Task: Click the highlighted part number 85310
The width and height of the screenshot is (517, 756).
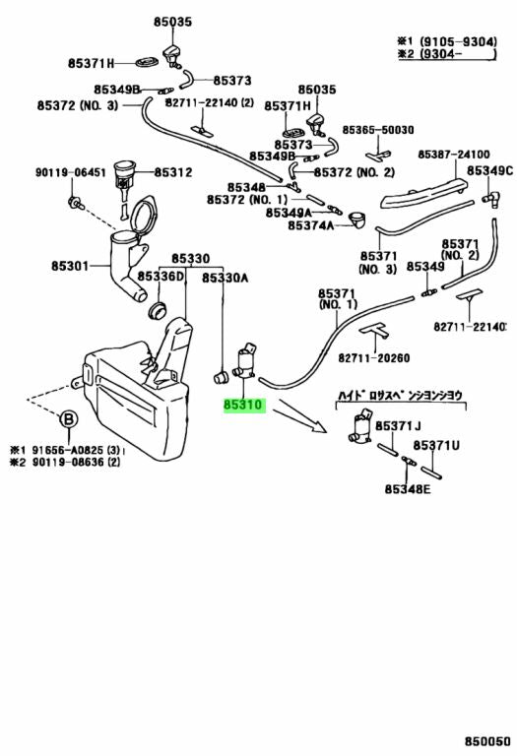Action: coord(244,405)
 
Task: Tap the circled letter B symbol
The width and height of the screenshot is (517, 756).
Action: coord(69,419)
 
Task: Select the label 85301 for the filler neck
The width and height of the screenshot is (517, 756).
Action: coord(70,266)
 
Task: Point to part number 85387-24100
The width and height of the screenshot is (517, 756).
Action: coord(453,155)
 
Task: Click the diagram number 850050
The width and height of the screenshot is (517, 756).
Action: coord(487,740)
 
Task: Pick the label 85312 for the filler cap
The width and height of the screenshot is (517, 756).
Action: coord(173,172)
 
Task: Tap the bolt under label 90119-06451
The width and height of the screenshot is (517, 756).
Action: coord(75,203)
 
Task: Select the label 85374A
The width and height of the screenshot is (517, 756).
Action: coord(310,225)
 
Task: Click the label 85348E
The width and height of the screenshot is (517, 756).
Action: coord(408,489)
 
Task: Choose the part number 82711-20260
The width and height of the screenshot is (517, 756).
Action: coord(374,357)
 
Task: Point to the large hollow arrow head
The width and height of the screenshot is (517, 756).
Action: coord(318,425)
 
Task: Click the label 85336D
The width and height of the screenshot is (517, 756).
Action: coord(162,277)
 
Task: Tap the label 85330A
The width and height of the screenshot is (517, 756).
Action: coord(225,278)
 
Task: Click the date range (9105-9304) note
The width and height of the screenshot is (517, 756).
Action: coord(458,42)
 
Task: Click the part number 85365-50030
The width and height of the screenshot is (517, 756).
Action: coord(378,130)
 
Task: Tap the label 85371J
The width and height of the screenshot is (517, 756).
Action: coord(398,426)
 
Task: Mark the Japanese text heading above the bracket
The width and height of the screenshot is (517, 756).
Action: coord(400,396)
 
